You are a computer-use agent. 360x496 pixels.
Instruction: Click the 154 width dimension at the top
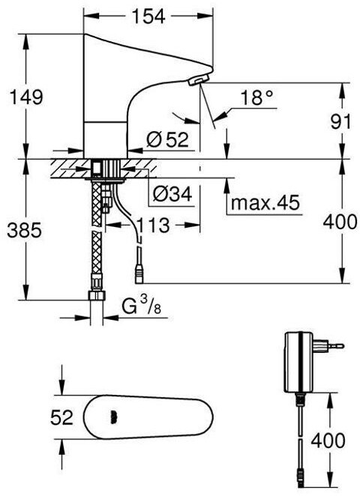point(148,16)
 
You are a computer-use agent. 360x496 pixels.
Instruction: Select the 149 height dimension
point(26,97)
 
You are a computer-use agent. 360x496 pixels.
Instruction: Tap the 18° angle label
point(256,97)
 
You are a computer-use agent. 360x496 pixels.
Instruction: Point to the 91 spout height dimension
point(340,122)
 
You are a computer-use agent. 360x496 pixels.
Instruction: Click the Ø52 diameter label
point(167,139)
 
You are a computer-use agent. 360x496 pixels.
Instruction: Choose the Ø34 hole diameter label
point(172,193)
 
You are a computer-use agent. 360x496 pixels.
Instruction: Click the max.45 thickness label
point(265,202)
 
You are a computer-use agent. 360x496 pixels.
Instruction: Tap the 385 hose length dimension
point(25,230)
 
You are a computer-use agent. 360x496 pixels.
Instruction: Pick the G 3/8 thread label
point(142,306)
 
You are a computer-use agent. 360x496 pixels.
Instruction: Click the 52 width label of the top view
point(61,417)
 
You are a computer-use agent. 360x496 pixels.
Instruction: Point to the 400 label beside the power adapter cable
point(328,440)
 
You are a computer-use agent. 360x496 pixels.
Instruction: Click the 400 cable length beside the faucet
point(340,222)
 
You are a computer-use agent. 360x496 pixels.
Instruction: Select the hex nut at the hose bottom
point(96,296)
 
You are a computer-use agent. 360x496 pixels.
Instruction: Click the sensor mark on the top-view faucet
point(113,417)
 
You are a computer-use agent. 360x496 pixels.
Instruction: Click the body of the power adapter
point(299,362)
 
